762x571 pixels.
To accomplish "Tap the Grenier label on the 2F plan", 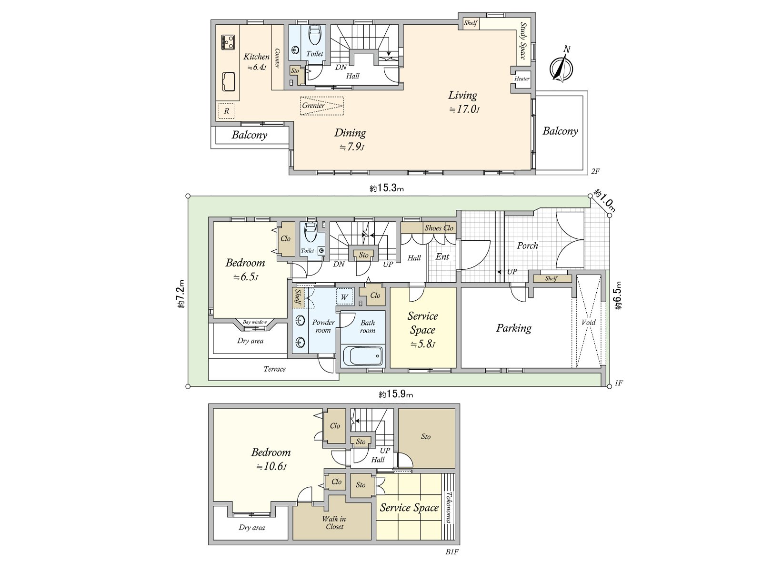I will (313, 106).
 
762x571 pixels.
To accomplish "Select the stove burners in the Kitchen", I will (228, 42).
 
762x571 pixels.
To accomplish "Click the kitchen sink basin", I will (229, 82).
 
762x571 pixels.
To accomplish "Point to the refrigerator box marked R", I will (227, 111).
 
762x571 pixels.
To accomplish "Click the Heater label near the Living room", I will (522, 79).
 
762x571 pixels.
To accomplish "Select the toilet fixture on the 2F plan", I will (315, 34).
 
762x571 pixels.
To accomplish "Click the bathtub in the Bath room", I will (362, 355).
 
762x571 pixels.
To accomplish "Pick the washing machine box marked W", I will (344, 297).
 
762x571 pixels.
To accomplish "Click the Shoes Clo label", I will (439, 228).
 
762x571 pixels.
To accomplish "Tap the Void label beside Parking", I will (589, 322).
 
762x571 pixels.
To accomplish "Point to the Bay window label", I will (255, 322).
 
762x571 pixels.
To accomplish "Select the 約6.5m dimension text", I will (618, 295).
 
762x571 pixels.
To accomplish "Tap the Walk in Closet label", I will (334, 522).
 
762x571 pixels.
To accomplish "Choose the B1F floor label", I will (452, 552).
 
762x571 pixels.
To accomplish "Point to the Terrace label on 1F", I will (275, 369).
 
